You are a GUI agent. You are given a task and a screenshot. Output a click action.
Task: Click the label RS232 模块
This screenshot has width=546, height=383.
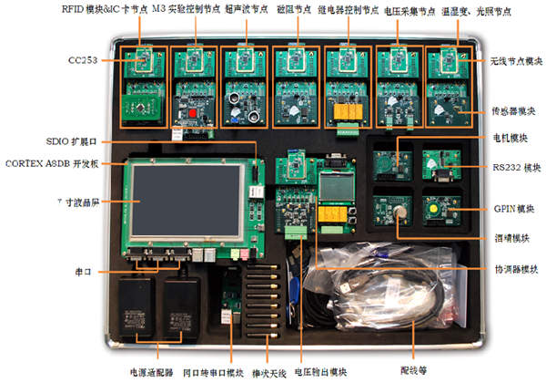(511, 167)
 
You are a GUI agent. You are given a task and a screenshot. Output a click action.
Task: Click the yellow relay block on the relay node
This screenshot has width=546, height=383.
(347, 112)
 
